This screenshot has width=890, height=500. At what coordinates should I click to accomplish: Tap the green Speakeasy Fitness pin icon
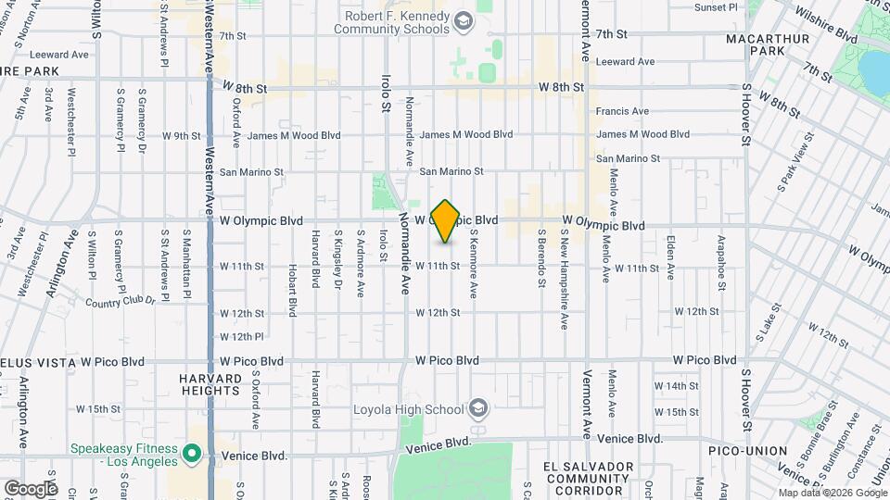[x=192, y=454]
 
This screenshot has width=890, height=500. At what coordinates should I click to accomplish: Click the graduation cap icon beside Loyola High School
[x=477, y=409]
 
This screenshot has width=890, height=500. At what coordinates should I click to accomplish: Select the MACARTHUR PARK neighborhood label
[x=768, y=45]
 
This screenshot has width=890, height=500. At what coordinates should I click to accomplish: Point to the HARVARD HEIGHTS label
[x=210, y=384]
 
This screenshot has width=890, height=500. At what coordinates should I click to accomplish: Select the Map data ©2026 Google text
[x=833, y=493]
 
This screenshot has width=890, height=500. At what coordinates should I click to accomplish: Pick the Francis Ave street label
[x=622, y=111]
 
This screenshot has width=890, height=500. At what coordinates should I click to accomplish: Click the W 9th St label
[x=181, y=135]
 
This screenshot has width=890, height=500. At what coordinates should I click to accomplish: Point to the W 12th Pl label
[x=242, y=336]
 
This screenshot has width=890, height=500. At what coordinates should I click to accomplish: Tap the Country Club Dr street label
[x=121, y=302]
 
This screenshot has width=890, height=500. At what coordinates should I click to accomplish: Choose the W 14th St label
[x=676, y=385]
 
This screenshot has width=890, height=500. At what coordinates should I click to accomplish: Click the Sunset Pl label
[x=716, y=7]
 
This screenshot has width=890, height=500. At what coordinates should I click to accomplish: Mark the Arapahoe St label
[x=720, y=259]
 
